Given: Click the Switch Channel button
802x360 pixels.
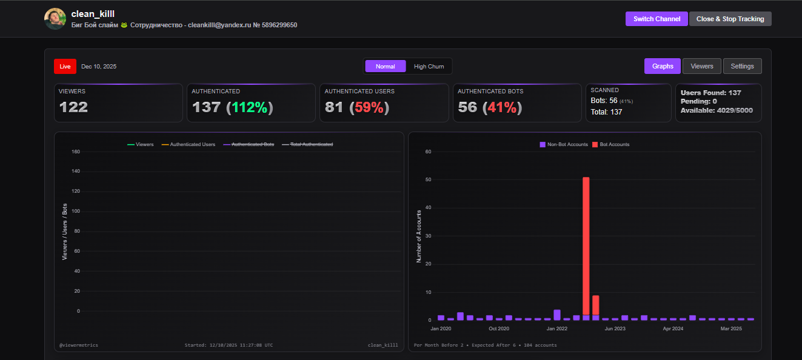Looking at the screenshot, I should (x=657, y=19).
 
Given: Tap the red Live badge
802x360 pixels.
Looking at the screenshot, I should (x=65, y=66).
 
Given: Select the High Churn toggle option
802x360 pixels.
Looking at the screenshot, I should (x=429, y=66).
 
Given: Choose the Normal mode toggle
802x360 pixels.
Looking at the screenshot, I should (x=386, y=66).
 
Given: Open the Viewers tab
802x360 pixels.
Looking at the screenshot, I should (x=702, y=66).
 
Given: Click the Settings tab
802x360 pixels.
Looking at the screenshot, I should (x=742, y=66).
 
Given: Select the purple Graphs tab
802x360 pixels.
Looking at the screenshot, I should (x=663, y=66).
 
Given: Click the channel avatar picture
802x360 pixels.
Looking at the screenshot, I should (x=55, y=19).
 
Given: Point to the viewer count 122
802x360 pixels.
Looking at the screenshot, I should (x=73, y=107).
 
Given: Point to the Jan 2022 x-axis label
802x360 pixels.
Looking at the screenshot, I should (x=556, y=328).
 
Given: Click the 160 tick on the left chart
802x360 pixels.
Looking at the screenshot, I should (x=75, y=152).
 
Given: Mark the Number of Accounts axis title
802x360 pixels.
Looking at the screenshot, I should (x=419, y=236).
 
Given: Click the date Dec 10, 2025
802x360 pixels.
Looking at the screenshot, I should (x=99, y=66).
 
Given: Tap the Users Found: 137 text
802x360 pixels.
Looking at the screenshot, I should (x=710, y=93).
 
